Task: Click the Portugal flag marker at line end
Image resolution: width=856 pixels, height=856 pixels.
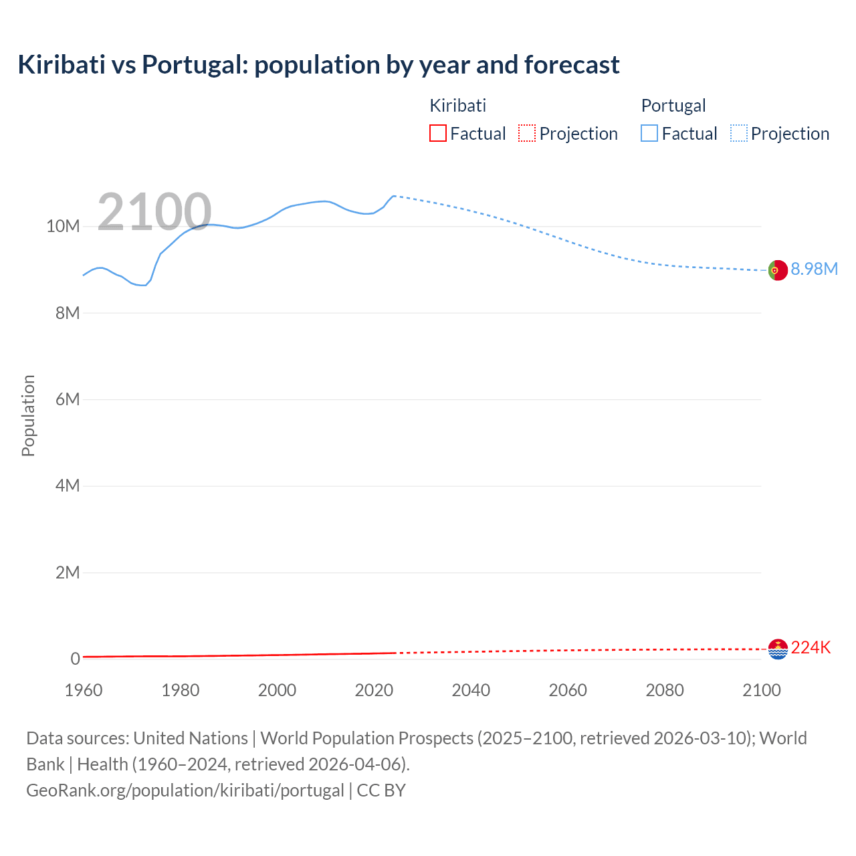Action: coord(778,270)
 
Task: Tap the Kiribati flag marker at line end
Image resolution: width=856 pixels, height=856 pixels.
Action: coord(778,649)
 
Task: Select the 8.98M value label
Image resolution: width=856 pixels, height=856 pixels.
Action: coord(814,269)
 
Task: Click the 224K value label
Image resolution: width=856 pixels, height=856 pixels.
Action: coord(811,647)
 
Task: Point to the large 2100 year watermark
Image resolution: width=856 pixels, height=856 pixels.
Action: coord(154,212)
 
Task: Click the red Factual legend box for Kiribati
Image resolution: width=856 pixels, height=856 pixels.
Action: coord(438,133)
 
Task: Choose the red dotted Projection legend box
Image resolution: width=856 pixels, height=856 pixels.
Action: coord(527,133)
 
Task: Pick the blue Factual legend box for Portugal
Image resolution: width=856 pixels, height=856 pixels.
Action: coord(649,133)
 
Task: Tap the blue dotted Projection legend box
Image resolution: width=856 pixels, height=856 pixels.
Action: coord(739,133)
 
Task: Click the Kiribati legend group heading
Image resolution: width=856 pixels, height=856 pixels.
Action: coord(458,106)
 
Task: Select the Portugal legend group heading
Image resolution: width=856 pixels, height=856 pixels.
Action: coord(673,106)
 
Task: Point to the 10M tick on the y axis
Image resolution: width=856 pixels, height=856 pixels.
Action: coord(63,226)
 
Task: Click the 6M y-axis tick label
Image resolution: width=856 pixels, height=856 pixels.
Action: coord(68,399)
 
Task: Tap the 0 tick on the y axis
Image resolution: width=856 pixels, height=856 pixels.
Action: coord(75,659)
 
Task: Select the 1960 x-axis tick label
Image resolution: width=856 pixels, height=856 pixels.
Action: coord(84,690)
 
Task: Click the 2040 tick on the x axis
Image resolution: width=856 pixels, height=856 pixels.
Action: coord(471,690)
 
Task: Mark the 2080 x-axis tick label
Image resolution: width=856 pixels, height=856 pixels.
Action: coord(665,690)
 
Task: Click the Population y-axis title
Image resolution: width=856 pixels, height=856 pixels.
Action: coord(28,415)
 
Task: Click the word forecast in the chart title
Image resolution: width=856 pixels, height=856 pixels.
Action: coord(572,65)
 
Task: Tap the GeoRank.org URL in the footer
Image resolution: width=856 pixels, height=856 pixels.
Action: coord(185,790)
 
